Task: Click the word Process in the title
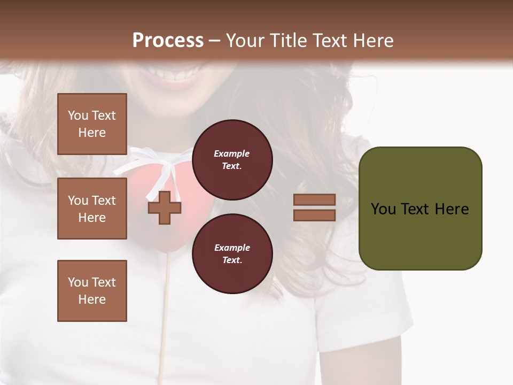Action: tap(168, 41)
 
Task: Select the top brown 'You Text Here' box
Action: tap(92, 124)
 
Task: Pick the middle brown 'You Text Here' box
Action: tap(92, 209)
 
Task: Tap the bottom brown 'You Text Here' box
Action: tap(92, 291)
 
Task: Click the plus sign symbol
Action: tap(165, 207)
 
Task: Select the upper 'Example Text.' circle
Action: tap(232, 159)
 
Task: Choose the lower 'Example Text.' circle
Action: tap(232, 253)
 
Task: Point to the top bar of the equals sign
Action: tap(314, 199)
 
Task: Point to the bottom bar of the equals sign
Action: tap(314, 215)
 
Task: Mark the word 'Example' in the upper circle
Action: tap(231, 153)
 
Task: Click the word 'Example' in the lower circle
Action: tap(232, 248)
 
